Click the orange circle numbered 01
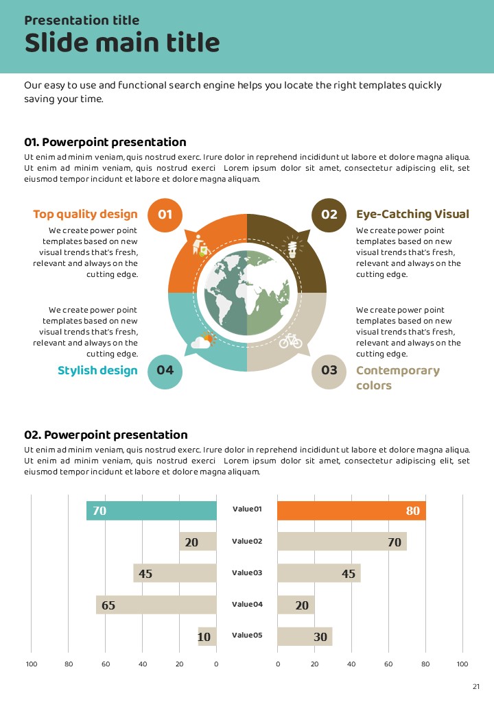tap(165, 215)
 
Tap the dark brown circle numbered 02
tap(329, 215)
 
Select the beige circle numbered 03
tap(329, 371)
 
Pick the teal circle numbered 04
tap(165, 371)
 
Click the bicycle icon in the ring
tap(290, 339)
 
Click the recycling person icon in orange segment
tap(200, 245)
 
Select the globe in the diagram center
tap(247, 293)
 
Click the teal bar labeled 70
tap(151, 511)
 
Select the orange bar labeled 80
tap(351, 511)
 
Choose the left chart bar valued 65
tap(156, 605)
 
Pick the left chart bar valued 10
tap(207, 637)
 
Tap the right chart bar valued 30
tap(305, 637)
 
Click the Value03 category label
tap(247, 572)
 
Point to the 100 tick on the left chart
tap(32, 664)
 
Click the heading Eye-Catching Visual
tap(412, 215)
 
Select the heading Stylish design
tap(97, 371)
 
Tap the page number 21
tap(476, 687)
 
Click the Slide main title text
tap(122, 43)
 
